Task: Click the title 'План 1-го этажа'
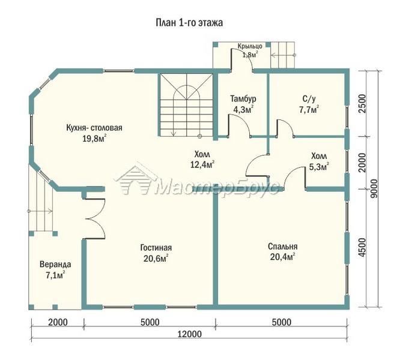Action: click(x=189, y=23)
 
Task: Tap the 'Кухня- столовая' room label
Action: click(x=94, y=128)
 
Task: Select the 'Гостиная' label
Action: click(x=156, y=248)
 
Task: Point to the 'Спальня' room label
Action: click(x=283, y=247)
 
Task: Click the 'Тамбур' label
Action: click(x=243, y=98)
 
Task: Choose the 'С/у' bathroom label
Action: click(x=309, y=99)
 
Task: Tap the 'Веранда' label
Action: click(x=55, y=265)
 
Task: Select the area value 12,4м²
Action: click(x=202, y=164)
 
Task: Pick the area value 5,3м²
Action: click(x=319, y=167)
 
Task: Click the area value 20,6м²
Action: click(x=156, y=259)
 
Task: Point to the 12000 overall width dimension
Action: click(x=190, y=334)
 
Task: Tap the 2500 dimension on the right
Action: click(x=362, y=104)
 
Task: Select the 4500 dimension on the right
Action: click(x=362, y=248)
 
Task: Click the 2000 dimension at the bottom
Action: click(x=58, y=322)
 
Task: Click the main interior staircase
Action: click(x=186, y=105)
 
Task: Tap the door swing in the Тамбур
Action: click(x=238, y=125)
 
